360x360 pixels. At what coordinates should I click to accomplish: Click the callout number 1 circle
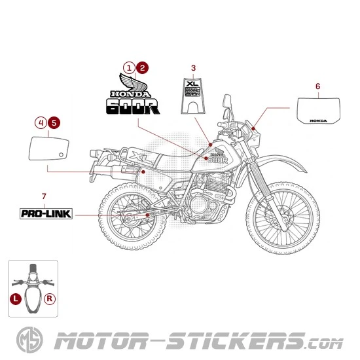coord(130,67)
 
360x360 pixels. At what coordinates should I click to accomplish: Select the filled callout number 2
coord(142,67)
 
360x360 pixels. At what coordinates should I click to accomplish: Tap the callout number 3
coord(193,67)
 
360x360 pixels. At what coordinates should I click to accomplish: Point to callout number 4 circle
coord(41,122)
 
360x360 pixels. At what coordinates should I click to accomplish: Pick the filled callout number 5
coord(54,122)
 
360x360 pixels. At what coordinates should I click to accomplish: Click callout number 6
coord(317,86)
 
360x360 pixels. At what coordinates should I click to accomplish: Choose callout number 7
coord(44,196)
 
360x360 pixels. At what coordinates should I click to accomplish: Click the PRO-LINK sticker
coord(46,213)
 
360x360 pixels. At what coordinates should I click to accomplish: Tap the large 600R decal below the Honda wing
coord(133,105)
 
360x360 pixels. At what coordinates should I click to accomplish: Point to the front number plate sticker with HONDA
coord(317,109)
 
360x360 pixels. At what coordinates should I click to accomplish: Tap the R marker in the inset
coord(50,298)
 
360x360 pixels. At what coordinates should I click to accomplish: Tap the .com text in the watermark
coord(324,342)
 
